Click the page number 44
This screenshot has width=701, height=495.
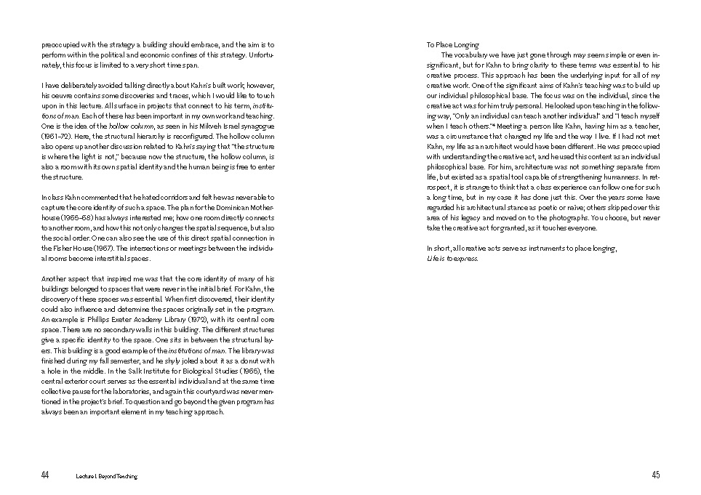pos(44,475)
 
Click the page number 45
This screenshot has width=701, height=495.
pos(655,475)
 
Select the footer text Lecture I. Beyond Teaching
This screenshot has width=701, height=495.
pos(106,476)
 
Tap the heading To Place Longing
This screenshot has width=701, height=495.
pos(452,45)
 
